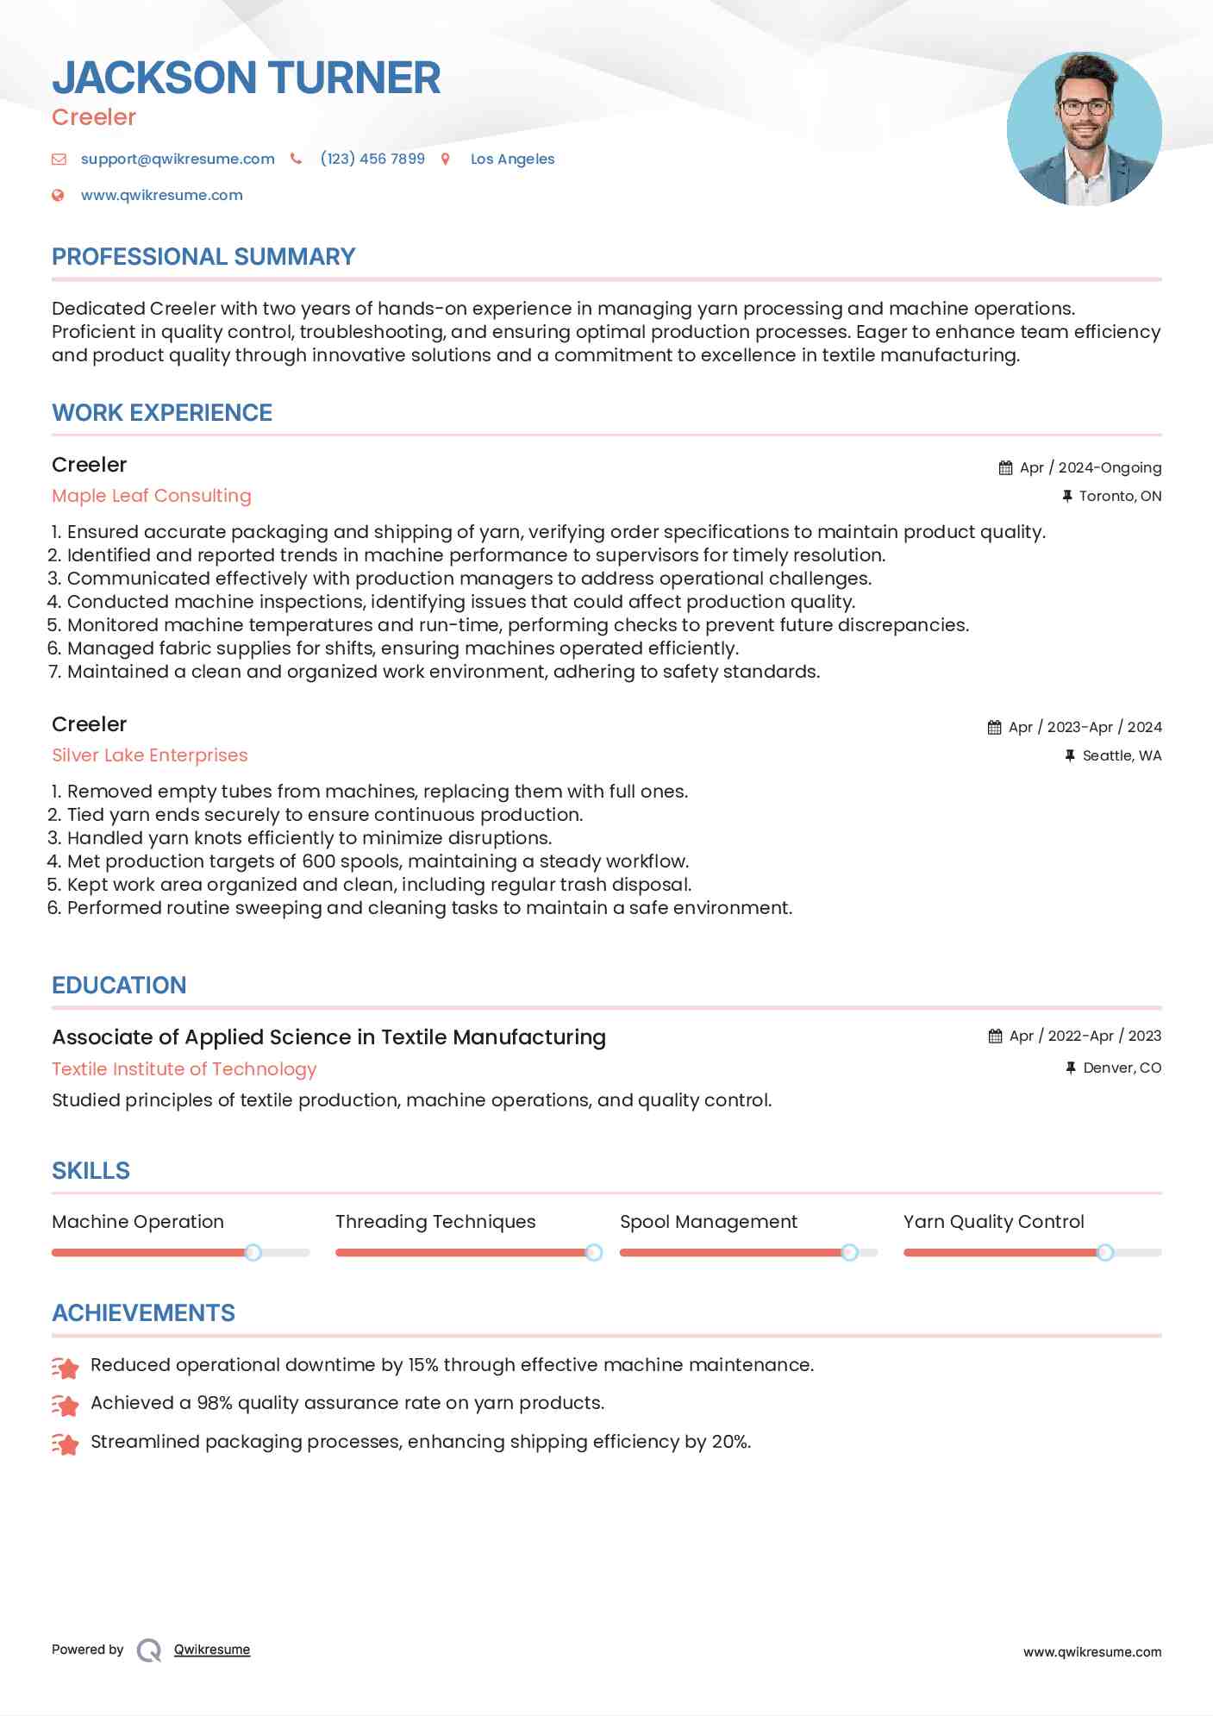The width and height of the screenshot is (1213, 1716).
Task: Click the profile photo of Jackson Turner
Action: [1084, 129]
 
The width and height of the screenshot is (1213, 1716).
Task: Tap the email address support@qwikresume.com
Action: [178, 159]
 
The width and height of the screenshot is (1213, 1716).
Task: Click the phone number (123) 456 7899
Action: [372, 159]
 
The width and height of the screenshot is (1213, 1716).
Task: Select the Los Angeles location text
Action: [512, 159]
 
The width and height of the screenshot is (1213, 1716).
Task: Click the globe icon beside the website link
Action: [58, 196]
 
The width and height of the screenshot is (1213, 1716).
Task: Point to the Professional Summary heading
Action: [203, 257]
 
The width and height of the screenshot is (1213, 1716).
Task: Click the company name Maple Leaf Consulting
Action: [152, 496]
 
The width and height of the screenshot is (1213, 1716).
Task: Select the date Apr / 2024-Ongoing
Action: [1090, 467]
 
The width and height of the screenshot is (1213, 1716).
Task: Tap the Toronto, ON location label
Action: [1120, 496]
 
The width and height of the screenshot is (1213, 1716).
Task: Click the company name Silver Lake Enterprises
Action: [150, 755]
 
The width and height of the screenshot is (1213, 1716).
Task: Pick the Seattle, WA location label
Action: [1122, 755]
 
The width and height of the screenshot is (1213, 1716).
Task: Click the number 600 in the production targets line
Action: [319, 861]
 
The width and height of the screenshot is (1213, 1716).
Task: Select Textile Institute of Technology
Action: [184, 1069]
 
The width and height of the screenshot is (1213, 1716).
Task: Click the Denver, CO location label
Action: [1122, 1068]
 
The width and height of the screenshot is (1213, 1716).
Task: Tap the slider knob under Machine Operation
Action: [253, 1252]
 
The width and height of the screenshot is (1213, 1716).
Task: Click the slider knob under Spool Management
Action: [849, 1252]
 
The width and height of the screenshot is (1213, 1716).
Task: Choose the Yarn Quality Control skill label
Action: [993, 1222]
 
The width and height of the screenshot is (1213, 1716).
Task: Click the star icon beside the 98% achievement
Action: [66, 1406]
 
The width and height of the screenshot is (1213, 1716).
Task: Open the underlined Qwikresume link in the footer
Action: [212, 1650]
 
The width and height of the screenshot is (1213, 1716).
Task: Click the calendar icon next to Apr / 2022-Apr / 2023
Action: [995, 1036]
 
